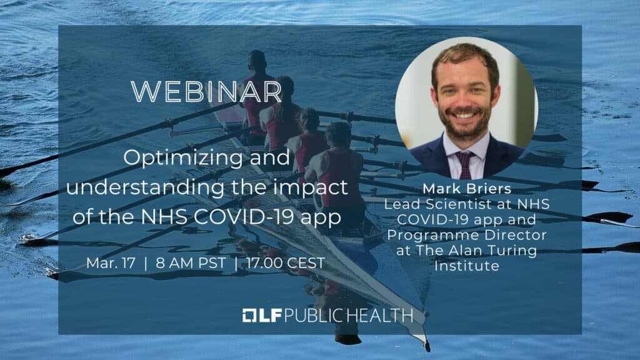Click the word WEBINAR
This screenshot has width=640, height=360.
click(206, 92)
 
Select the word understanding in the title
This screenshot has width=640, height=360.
click(145, 187)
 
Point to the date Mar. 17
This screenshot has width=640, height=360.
click(111, 263)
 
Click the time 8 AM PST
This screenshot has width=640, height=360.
click(191, 263)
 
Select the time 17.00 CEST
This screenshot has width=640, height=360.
click(286, 263)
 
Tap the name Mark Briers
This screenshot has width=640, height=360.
click(467, 189)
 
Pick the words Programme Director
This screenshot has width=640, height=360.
click(466, 235)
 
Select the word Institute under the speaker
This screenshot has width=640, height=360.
click(466, 266)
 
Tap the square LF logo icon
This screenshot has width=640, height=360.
click(249, 316)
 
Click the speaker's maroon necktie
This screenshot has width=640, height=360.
click(464, 164)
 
